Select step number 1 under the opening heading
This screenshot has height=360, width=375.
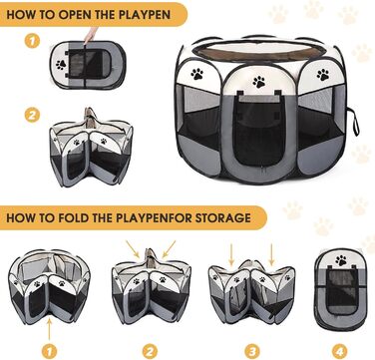32,41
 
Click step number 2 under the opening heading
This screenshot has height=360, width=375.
32,116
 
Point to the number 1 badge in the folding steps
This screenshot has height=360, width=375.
49,351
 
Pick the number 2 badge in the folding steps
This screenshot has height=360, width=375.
150,351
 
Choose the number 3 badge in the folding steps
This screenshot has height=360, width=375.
252,351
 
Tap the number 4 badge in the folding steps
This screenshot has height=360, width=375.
339,351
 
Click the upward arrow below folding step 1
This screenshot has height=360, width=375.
49,329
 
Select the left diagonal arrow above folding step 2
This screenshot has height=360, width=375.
133,249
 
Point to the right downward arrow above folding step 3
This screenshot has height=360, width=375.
271,254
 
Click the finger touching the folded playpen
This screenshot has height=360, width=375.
91,35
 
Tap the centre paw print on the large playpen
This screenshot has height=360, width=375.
258,82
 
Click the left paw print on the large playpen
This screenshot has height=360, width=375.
197,74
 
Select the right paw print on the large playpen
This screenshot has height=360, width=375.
323,75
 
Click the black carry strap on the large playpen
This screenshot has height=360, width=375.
353,121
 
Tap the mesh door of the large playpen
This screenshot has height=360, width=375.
259,130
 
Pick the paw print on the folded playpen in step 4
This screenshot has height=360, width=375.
341,260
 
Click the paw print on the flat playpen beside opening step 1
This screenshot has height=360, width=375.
61,65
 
